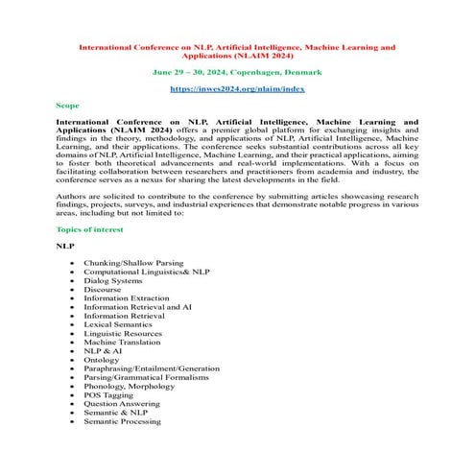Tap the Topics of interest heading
click(89, 229)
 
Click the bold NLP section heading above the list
click(65, 247)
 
